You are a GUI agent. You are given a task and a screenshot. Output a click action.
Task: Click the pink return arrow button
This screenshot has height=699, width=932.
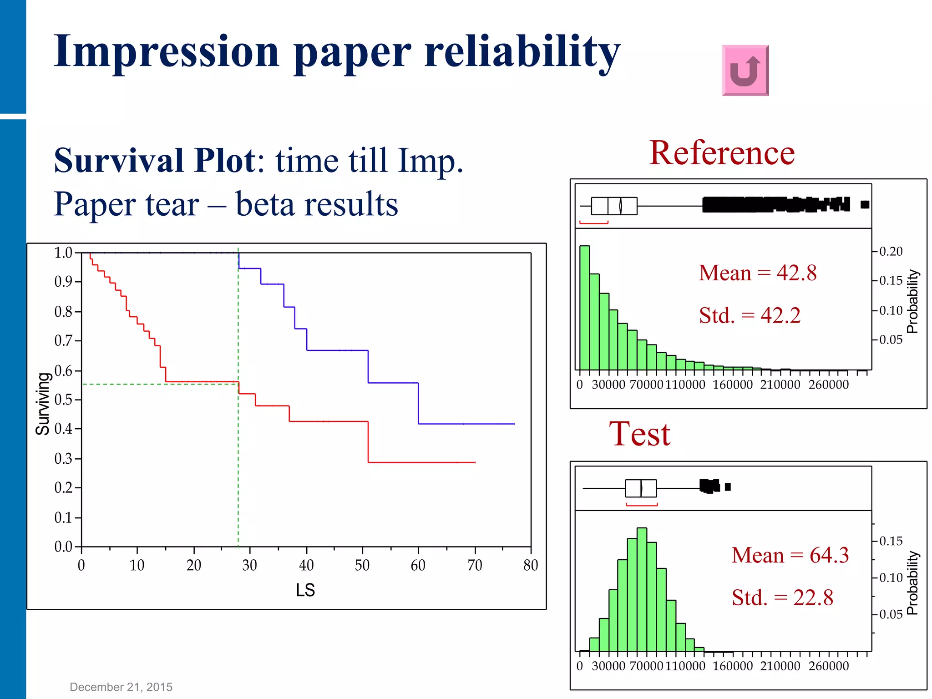[745, 71]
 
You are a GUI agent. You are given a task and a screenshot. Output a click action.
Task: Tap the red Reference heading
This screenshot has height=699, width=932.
[722, 153]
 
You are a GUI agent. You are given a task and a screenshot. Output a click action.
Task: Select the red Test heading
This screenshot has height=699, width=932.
[639, 434]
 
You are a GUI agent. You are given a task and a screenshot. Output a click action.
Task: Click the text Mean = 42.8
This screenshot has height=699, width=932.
[758, 273]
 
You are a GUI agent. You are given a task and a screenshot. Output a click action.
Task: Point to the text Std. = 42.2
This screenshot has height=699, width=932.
[750, 315]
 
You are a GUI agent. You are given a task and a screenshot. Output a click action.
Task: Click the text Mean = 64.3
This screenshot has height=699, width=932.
[790, 555]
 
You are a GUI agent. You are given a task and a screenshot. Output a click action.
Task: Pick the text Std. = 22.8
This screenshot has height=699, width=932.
[782, 598]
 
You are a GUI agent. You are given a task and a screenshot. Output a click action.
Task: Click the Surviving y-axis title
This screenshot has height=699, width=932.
[43, 404]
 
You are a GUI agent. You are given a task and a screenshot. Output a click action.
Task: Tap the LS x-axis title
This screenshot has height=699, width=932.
[305, 590]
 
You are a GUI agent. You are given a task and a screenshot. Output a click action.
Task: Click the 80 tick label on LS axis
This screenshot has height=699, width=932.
[531, 566]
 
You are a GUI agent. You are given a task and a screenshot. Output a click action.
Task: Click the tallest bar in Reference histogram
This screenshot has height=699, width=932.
[584, 308]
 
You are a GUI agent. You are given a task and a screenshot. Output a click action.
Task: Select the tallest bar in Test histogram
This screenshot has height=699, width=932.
[642, 589]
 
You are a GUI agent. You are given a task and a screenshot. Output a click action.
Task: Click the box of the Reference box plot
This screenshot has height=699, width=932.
[614, 206]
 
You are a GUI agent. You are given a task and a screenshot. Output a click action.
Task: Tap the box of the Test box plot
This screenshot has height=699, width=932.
[641, 488]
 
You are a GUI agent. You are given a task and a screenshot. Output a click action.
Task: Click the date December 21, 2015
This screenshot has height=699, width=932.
[121, 687]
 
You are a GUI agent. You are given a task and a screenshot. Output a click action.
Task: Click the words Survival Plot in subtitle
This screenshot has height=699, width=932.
[155, 161]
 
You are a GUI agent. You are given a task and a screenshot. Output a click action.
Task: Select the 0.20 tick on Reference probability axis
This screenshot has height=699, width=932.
[891, 251]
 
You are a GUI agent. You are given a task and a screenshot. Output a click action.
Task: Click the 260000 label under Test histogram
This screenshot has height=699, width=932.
[828, 666]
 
